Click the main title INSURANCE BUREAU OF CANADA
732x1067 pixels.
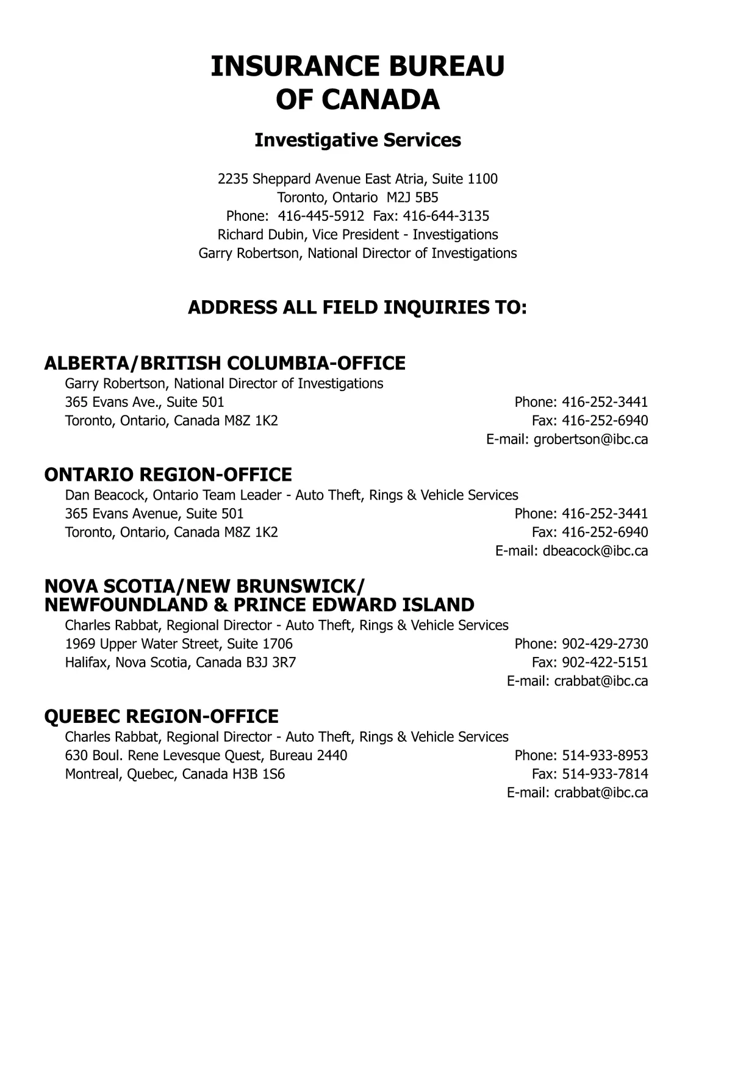pos(357,82)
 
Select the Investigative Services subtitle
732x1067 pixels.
pos(357,140)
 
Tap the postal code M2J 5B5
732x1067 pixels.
pos(413,198)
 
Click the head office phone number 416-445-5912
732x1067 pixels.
pos(321,216)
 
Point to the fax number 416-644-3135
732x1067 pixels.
pos(446,216)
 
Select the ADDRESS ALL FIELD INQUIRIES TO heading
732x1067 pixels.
pos(357,307)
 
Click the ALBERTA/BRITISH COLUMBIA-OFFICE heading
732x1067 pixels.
pos(224,364)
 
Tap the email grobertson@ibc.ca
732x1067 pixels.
pos(590,439)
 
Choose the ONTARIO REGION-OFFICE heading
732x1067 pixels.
pos(168,475)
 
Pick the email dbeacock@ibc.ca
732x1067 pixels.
pos(595,551)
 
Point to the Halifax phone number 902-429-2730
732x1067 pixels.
pos(605,644)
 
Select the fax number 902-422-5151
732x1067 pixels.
pos(605,663)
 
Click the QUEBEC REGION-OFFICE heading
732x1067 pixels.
pos(161,716)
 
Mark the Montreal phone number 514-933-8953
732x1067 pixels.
pos(605,755)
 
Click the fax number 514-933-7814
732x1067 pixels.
pos(605,774)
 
